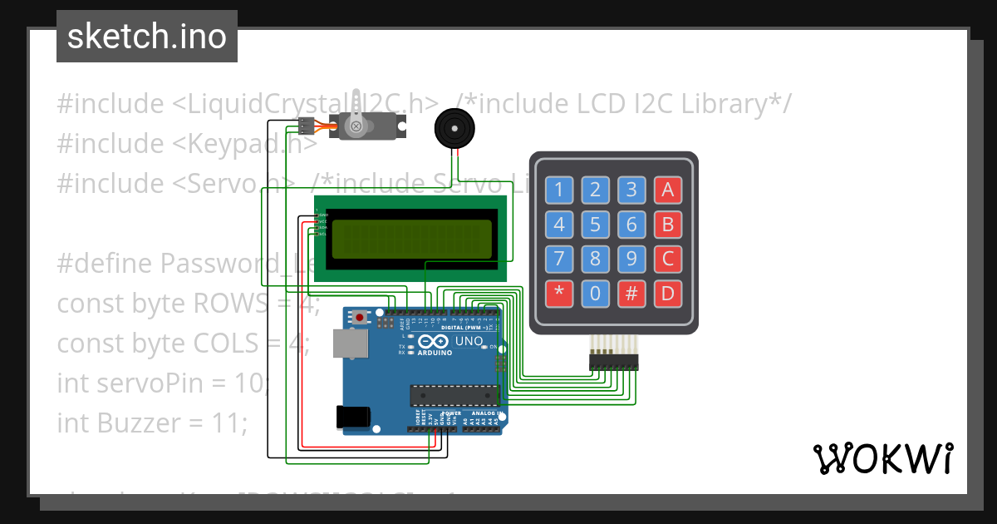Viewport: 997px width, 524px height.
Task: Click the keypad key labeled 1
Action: [x=558, y=190]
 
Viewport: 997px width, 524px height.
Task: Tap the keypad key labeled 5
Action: [x=595, y=225]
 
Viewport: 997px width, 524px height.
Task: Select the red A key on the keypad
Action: [x=667, y=190]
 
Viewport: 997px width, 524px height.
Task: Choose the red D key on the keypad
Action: [x=667, y=293]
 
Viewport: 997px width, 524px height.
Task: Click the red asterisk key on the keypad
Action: [x=558, y=293]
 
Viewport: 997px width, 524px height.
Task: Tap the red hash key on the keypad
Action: [x=631, y=293]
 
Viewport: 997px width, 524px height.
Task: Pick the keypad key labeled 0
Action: [x=595, y=293]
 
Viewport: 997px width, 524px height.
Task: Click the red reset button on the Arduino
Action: [x=360, y=317]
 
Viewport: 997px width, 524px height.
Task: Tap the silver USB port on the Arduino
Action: [x=349, y=343]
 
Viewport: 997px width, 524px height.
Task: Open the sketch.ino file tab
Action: [x=147, y=37]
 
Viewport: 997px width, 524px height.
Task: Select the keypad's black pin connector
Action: [x=614, y=362]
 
